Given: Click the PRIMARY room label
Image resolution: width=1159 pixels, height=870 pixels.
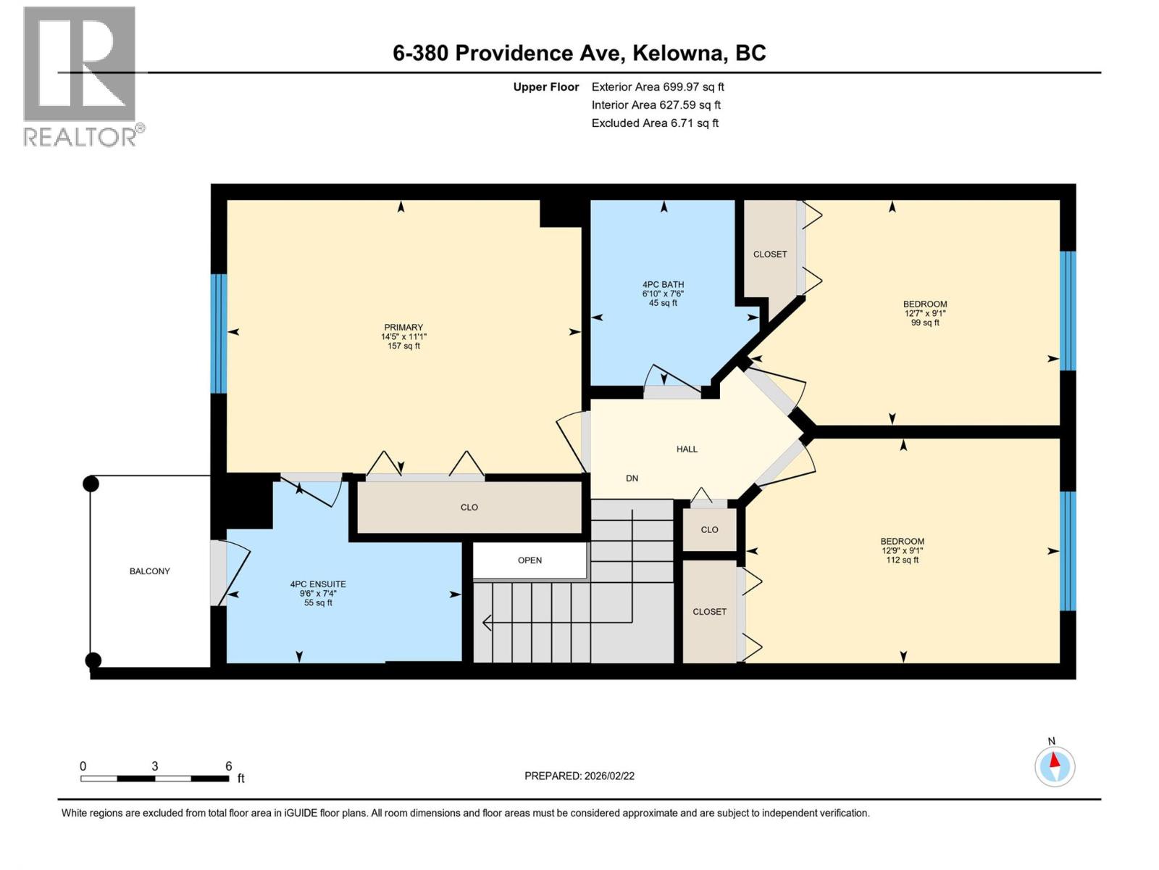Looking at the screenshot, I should pyautogui.click(x=403, y=328).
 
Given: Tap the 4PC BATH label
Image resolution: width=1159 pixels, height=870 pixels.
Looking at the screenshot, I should pyautogui.click(x=663, y=285).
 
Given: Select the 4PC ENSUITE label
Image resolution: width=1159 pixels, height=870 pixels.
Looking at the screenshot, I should pyautogui.click(x=318, y=584).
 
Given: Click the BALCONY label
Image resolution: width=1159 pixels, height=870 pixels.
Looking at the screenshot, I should pyautogui.click(x=150, y=571).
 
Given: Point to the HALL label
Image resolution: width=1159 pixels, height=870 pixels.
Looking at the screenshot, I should pyautogui.click(x=687, y=449).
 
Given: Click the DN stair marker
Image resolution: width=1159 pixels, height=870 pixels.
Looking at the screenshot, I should pyautogui.click(x=632, y=478).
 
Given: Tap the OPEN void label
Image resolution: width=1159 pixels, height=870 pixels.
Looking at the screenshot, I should pyautogui.click(x=530, y=560).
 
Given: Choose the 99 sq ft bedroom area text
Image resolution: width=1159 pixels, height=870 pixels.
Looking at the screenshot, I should pyautogui.click(x=925, y=323).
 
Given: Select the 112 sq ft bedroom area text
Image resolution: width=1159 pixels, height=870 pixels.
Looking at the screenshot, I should pyautogui.click(x=903, y=560).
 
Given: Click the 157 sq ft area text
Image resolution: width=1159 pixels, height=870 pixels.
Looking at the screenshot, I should pyautogui.click(x=403, y=347).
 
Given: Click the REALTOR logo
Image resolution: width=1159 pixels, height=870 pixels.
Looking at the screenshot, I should pyautogui.click(x=80, y=76).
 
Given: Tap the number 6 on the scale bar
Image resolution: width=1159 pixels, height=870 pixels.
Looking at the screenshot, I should pyautogui.click(x=229, y=766).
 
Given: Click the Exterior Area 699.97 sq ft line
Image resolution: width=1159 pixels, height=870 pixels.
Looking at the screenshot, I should pyautogui.click(x=658, y=87).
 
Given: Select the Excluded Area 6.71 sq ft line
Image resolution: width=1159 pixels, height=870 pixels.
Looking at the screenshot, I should pyautogui.click(x=655, y=123).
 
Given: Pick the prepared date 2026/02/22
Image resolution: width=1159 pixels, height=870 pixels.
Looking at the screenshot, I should pyautogui.click(x=608, y=776).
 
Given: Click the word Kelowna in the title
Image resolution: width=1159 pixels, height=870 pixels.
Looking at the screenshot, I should pyautogui.click(x=678, y=53).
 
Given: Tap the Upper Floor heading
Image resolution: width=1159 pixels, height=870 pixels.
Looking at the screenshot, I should pyautogui.click(x=546, y=87).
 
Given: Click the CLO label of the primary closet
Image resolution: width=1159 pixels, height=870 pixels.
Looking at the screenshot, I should pyautogui.click(x=469, y=507).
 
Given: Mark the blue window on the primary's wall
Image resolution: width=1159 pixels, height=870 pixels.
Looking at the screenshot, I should pyautogui.click(x=219, y=333).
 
